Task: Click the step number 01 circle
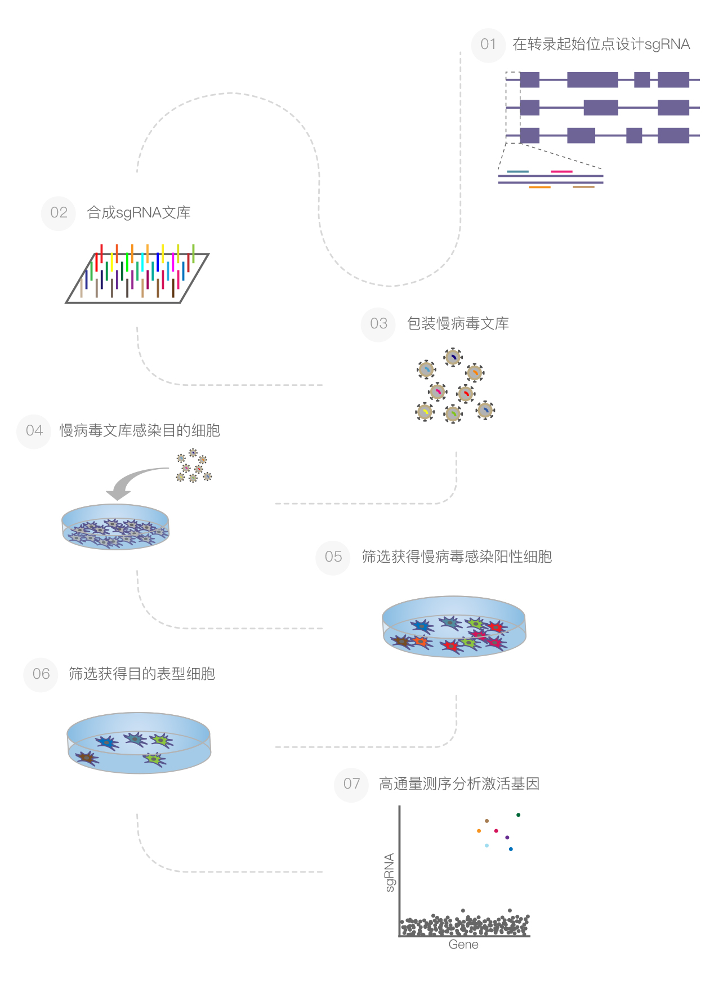(488, 45)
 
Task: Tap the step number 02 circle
(59, 213)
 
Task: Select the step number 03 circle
(378, 324)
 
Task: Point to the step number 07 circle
(351, 784)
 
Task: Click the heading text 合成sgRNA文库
(139, 213)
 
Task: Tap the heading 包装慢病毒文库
(458, 324)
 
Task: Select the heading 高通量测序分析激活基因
(459, 784)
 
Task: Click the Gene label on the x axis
(463, 945)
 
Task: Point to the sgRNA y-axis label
(390, 873)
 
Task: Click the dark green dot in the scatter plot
(518, 815)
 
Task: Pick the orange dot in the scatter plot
(479, 831)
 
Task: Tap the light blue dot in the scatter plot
(487, 845)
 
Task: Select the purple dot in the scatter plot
(507, 838)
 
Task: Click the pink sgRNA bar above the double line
(561, 171)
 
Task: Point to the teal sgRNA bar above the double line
(517, 171)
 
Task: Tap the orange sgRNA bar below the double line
(539, 187)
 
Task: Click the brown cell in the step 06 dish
(86, 758)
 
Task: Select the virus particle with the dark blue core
(453, 357)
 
